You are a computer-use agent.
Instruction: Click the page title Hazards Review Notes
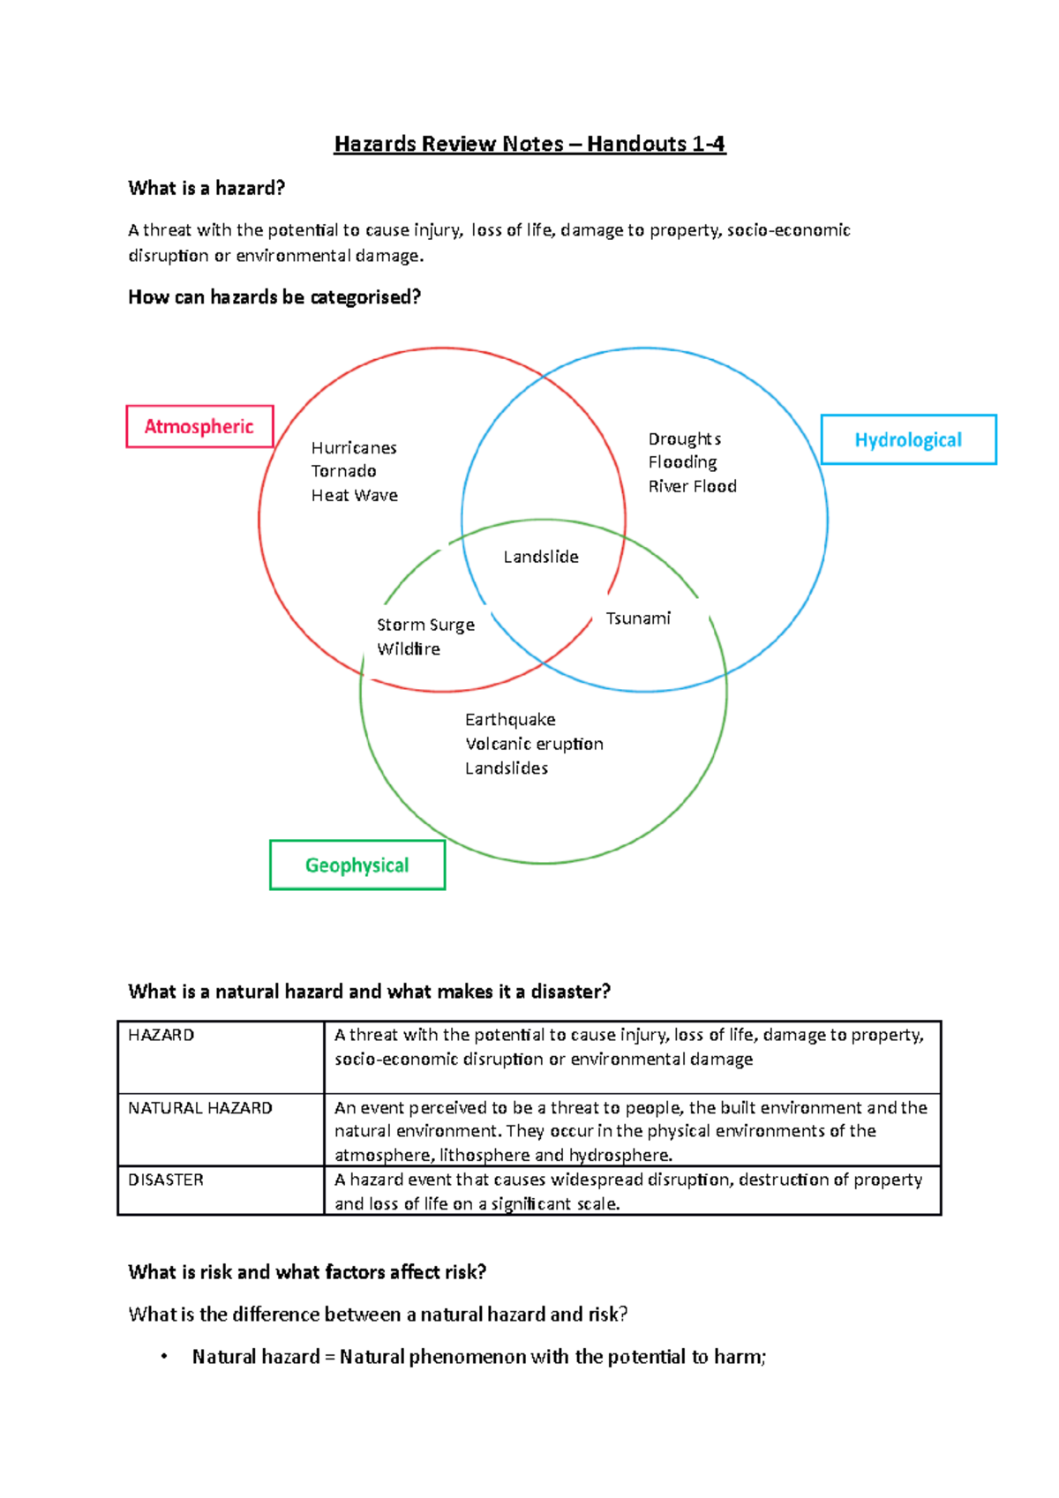click(529, 144)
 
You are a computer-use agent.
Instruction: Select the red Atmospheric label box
click(199, 427)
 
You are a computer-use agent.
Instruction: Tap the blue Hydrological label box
click(908, 439)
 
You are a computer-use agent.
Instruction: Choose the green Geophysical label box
click(357, 865)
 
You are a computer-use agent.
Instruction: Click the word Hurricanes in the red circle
click(354, 448)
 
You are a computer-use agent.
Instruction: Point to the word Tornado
click(343, 471)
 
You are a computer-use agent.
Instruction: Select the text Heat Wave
click(354, 496)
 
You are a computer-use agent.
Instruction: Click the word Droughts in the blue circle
click(684, 439)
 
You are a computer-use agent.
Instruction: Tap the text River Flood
click(692, 486)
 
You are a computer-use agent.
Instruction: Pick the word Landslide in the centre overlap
click(541, 557)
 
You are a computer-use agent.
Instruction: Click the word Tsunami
click(638, 618)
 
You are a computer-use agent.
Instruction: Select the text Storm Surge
click(425, 625)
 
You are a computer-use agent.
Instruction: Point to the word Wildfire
click(409, 649)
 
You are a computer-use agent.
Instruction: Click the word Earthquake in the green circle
click(510, 720)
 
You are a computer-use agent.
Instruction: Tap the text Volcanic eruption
click(534, 744)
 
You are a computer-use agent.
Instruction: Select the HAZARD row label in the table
click(161, 1035)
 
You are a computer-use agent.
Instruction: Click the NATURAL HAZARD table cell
click(200, 1108)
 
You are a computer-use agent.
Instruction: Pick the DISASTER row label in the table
click(166, 1180)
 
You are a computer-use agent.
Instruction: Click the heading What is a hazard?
click(207, 188)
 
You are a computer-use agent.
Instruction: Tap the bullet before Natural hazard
click(164, 1357)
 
